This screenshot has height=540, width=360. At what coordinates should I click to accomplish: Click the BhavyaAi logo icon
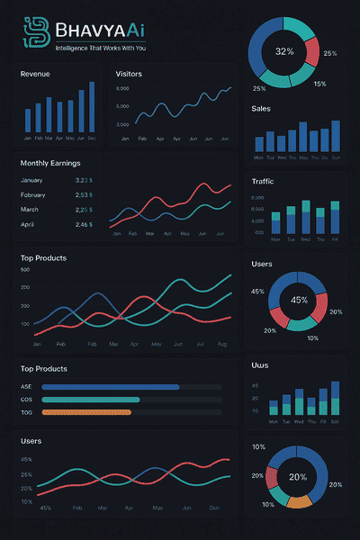(35, 33)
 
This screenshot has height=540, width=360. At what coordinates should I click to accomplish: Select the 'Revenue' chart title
(35, 74)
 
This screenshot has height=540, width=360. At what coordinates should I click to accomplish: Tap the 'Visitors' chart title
(129, 74)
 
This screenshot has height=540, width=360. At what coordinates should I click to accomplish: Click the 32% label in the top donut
(284, 51)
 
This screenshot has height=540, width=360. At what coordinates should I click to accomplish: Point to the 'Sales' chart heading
(261, 108)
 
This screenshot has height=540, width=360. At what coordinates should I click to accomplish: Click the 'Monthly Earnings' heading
(50, 163)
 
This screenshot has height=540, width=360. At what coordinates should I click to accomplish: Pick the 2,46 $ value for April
(84, 224)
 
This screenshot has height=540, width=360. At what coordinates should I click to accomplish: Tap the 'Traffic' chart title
(264, 182)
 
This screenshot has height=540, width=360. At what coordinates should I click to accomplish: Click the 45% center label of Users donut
(299, 300)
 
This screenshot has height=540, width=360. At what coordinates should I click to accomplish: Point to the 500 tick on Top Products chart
(24, 270)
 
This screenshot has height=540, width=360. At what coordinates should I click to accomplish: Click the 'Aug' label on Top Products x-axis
(221, 345)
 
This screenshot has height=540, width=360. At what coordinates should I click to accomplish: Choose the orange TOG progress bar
(86, 412)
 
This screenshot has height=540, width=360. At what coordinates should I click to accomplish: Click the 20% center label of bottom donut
(297, 477)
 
